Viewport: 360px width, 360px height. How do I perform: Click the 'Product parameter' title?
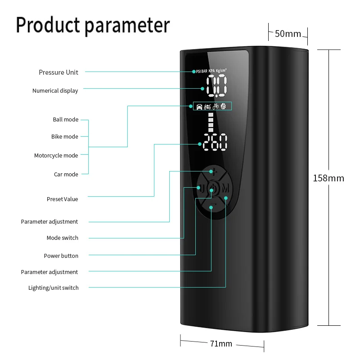[93, 26]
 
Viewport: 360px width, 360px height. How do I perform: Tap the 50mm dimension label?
[288, 34]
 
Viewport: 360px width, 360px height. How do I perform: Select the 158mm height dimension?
[328, 178]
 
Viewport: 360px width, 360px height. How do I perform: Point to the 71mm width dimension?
[221, 344]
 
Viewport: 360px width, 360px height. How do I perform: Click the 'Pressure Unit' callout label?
[58, 72]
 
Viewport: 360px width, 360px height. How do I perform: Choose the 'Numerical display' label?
[55, 91]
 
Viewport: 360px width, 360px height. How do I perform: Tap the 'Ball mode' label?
[65, 120]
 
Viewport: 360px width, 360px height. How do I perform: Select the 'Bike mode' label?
[64, 137]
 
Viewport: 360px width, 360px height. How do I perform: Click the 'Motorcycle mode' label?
[56, 156]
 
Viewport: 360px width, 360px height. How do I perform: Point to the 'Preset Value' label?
[62, 199]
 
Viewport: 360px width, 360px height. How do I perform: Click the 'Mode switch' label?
[62, 238]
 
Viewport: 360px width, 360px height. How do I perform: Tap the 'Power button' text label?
[61, 256]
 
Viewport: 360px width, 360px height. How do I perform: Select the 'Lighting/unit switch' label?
[53, 288]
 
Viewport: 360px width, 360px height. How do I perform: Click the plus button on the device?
[214, 171]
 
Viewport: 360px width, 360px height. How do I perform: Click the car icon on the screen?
[199, 107]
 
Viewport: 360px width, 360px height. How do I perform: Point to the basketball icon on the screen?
[223, 107]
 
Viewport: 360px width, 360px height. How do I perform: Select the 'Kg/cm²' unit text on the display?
[221, 71]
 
